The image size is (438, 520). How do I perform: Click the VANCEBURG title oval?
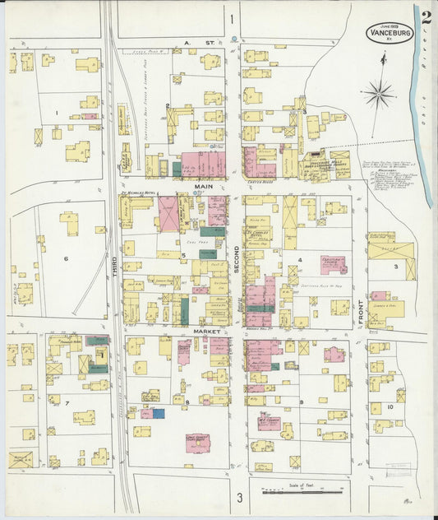click(390, 32)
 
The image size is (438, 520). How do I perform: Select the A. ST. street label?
click(192, 41)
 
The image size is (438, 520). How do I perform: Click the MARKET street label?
click(203, 329)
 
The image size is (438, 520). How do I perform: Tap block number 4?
click(301, 261)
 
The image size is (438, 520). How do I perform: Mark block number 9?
click(302, 402)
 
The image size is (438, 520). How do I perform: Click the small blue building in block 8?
click(158, 413)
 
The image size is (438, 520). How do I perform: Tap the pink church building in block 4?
click(333, 264)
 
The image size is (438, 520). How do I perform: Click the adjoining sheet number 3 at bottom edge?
click(240, 497)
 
